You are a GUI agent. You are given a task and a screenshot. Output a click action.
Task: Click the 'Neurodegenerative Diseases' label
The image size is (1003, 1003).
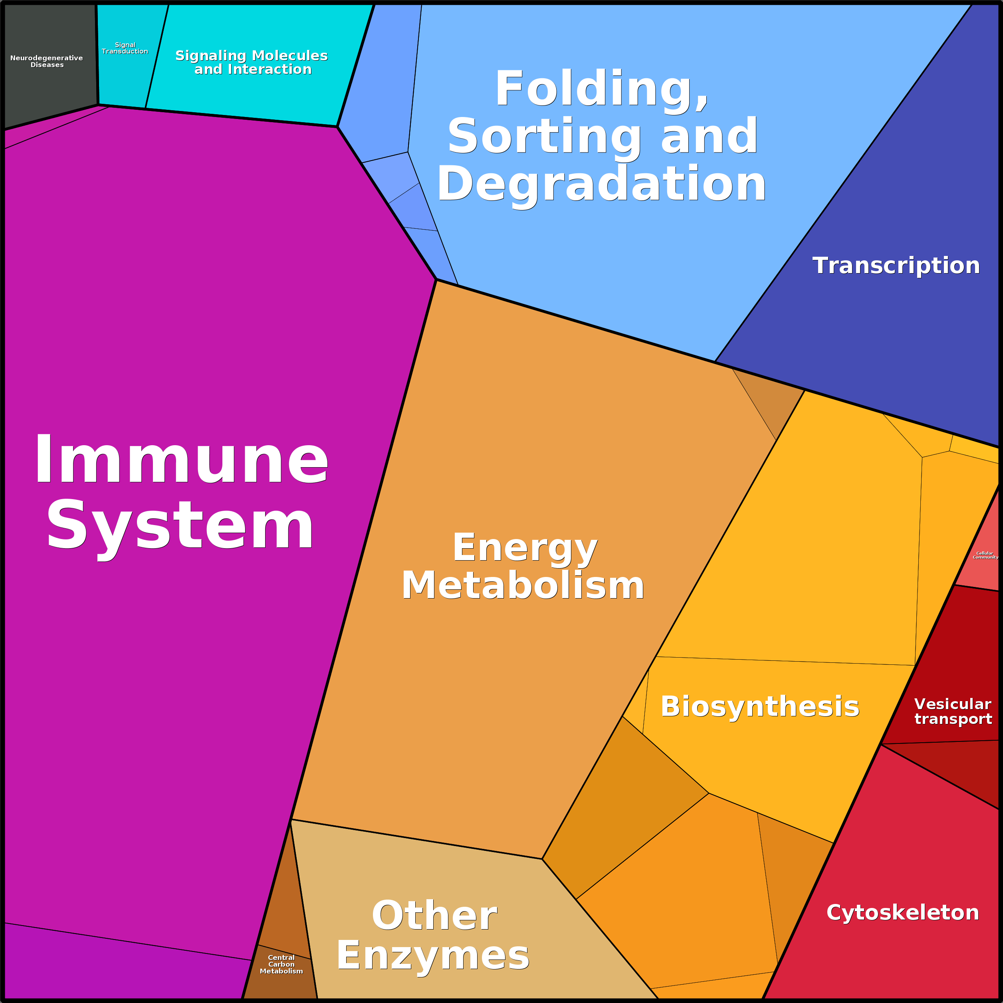47,61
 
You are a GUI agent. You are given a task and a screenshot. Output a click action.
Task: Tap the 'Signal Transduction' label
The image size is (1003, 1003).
125,48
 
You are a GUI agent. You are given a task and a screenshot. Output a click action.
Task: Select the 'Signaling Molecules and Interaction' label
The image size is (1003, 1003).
252,62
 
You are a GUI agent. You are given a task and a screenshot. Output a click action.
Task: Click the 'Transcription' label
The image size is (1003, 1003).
896,266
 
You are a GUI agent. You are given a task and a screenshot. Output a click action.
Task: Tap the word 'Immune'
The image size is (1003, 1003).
181,460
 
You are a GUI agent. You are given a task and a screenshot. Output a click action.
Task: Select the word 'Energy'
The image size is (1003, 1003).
525,549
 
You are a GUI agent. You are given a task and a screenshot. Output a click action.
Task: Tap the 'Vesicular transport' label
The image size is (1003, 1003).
953,711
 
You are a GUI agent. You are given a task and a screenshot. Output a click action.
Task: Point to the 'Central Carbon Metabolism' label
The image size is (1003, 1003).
281,964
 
